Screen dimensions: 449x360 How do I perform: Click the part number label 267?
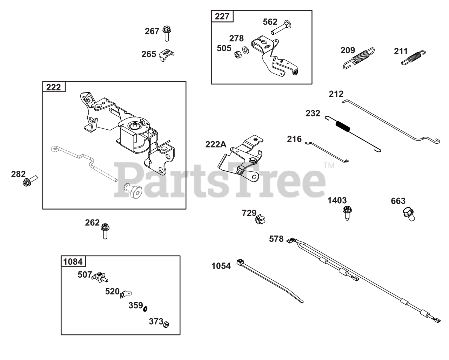[x=152, y=32]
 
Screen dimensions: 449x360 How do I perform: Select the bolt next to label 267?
[x=167, y=33]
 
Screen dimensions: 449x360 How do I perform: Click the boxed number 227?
[x=222, y=16]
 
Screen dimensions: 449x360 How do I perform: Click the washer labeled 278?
[x=246, y=50]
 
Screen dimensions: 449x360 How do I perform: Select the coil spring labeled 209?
[x=358, y=58]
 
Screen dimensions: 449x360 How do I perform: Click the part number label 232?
[x=313, y=113]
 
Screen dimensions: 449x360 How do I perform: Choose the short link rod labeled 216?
[x=327, y=151]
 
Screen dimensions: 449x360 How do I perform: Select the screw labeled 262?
[x=105, y=231]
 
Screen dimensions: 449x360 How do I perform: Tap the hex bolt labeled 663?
[x=409, y=213]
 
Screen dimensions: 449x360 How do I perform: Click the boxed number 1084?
[x=73, y=261]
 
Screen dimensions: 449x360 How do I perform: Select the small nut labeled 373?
[x=166, y=324]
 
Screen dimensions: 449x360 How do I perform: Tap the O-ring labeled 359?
[x=145, y=308]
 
